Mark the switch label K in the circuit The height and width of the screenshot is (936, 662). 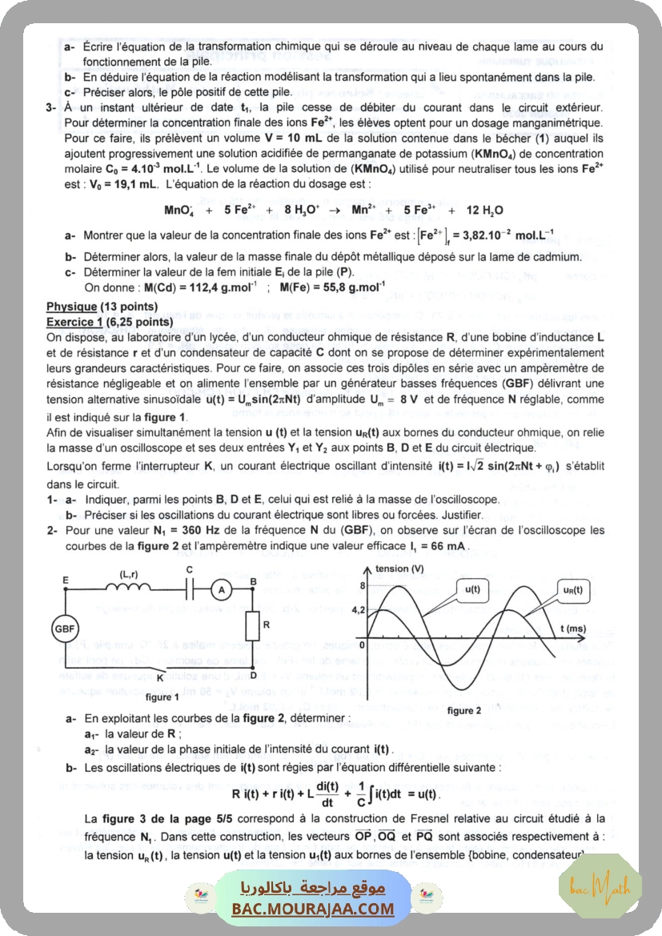coord(160,677)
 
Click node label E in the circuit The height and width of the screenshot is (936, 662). coord(65,579)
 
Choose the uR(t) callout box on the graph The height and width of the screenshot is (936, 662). coord(572,590)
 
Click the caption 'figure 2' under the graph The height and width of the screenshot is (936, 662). coord(464,710)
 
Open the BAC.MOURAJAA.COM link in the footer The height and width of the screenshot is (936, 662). coord(313,909)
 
